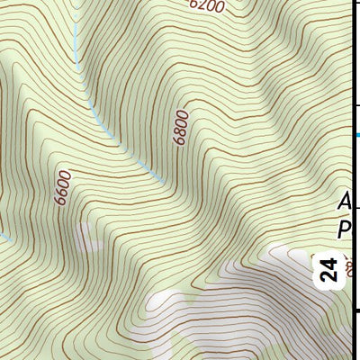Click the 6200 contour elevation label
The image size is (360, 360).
207,5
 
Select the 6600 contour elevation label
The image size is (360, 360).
63,189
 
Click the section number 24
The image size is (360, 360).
328,270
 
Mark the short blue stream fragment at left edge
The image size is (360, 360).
4,236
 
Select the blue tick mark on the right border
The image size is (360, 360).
355,135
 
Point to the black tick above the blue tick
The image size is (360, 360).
355,105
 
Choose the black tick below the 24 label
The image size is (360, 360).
355,311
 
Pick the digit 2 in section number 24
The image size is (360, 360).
328,277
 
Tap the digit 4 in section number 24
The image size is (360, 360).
328,263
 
